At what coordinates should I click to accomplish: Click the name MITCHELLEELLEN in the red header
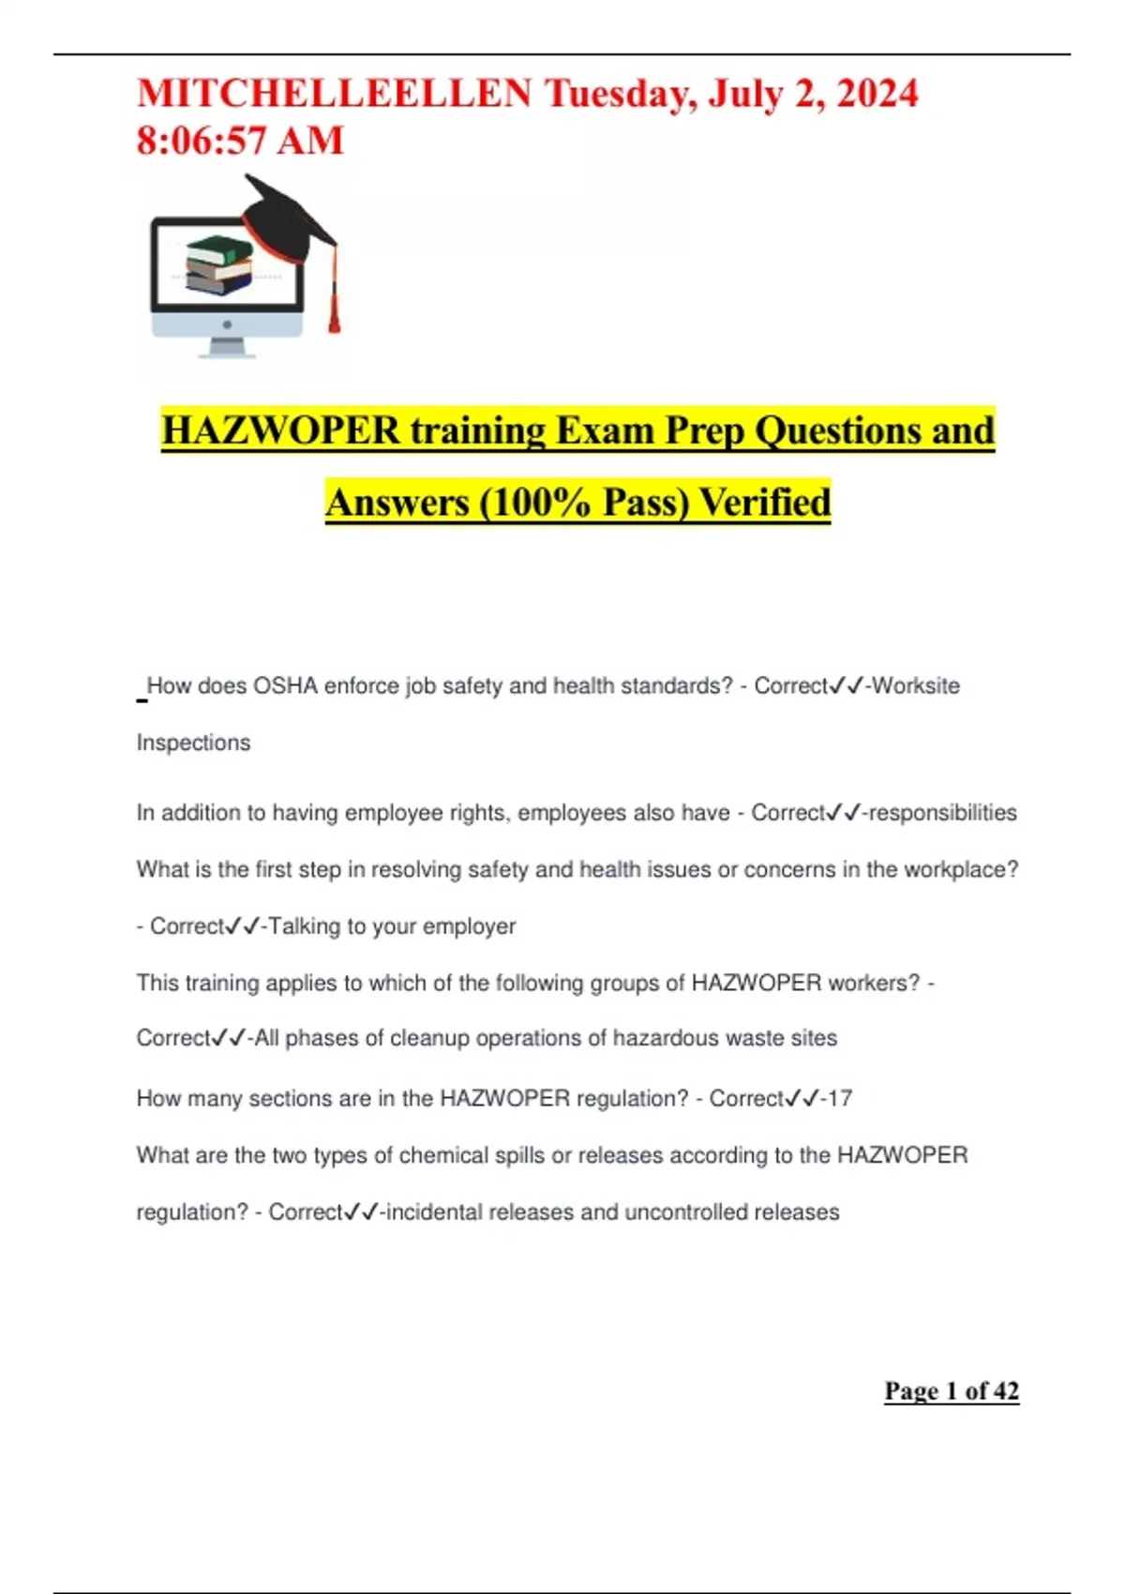(334, 94)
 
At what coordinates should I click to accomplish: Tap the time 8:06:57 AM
(240, 141)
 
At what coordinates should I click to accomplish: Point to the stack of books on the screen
(219, 265)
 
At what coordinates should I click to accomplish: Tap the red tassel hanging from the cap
(333, 300)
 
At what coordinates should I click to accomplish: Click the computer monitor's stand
(227, 348)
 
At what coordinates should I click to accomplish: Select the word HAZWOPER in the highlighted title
(280, 430)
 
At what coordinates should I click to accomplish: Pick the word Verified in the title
(765, 503)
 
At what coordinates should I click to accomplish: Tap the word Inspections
(193, 743)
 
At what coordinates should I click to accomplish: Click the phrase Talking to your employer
(392, 926)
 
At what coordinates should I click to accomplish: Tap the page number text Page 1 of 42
(951, 1391)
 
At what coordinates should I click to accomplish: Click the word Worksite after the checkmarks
(916, 686)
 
